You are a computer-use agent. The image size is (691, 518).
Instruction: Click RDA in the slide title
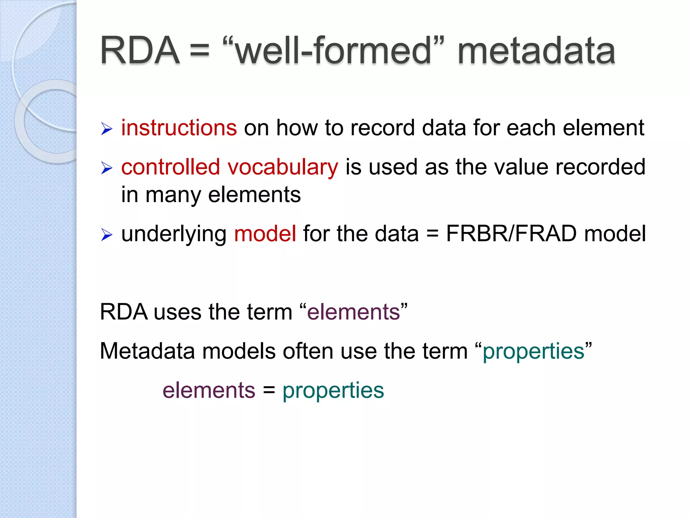(140, 51)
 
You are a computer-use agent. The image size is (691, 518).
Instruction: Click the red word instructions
(179, 128)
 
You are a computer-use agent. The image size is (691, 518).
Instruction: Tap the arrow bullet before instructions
(106, 129)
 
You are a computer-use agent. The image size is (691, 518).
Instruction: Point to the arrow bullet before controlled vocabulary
(106, 168)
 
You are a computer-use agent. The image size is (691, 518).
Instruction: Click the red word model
(265, 233)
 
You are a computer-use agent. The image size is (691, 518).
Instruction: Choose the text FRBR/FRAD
(511, 233)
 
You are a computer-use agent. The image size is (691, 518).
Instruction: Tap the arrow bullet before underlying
(106, 235)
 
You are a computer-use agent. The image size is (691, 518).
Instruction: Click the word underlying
(174, 234)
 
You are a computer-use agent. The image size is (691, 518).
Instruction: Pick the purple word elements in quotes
(353, 312)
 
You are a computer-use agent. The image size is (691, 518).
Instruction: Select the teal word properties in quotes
(533, 351)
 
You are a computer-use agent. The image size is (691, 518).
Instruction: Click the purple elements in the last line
(209, 390)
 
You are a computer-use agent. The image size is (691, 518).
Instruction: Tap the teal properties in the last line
(333, 391)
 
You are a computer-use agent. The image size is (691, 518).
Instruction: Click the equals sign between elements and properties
(269, 391)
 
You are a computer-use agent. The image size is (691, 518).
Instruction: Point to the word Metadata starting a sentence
(147, 351)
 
